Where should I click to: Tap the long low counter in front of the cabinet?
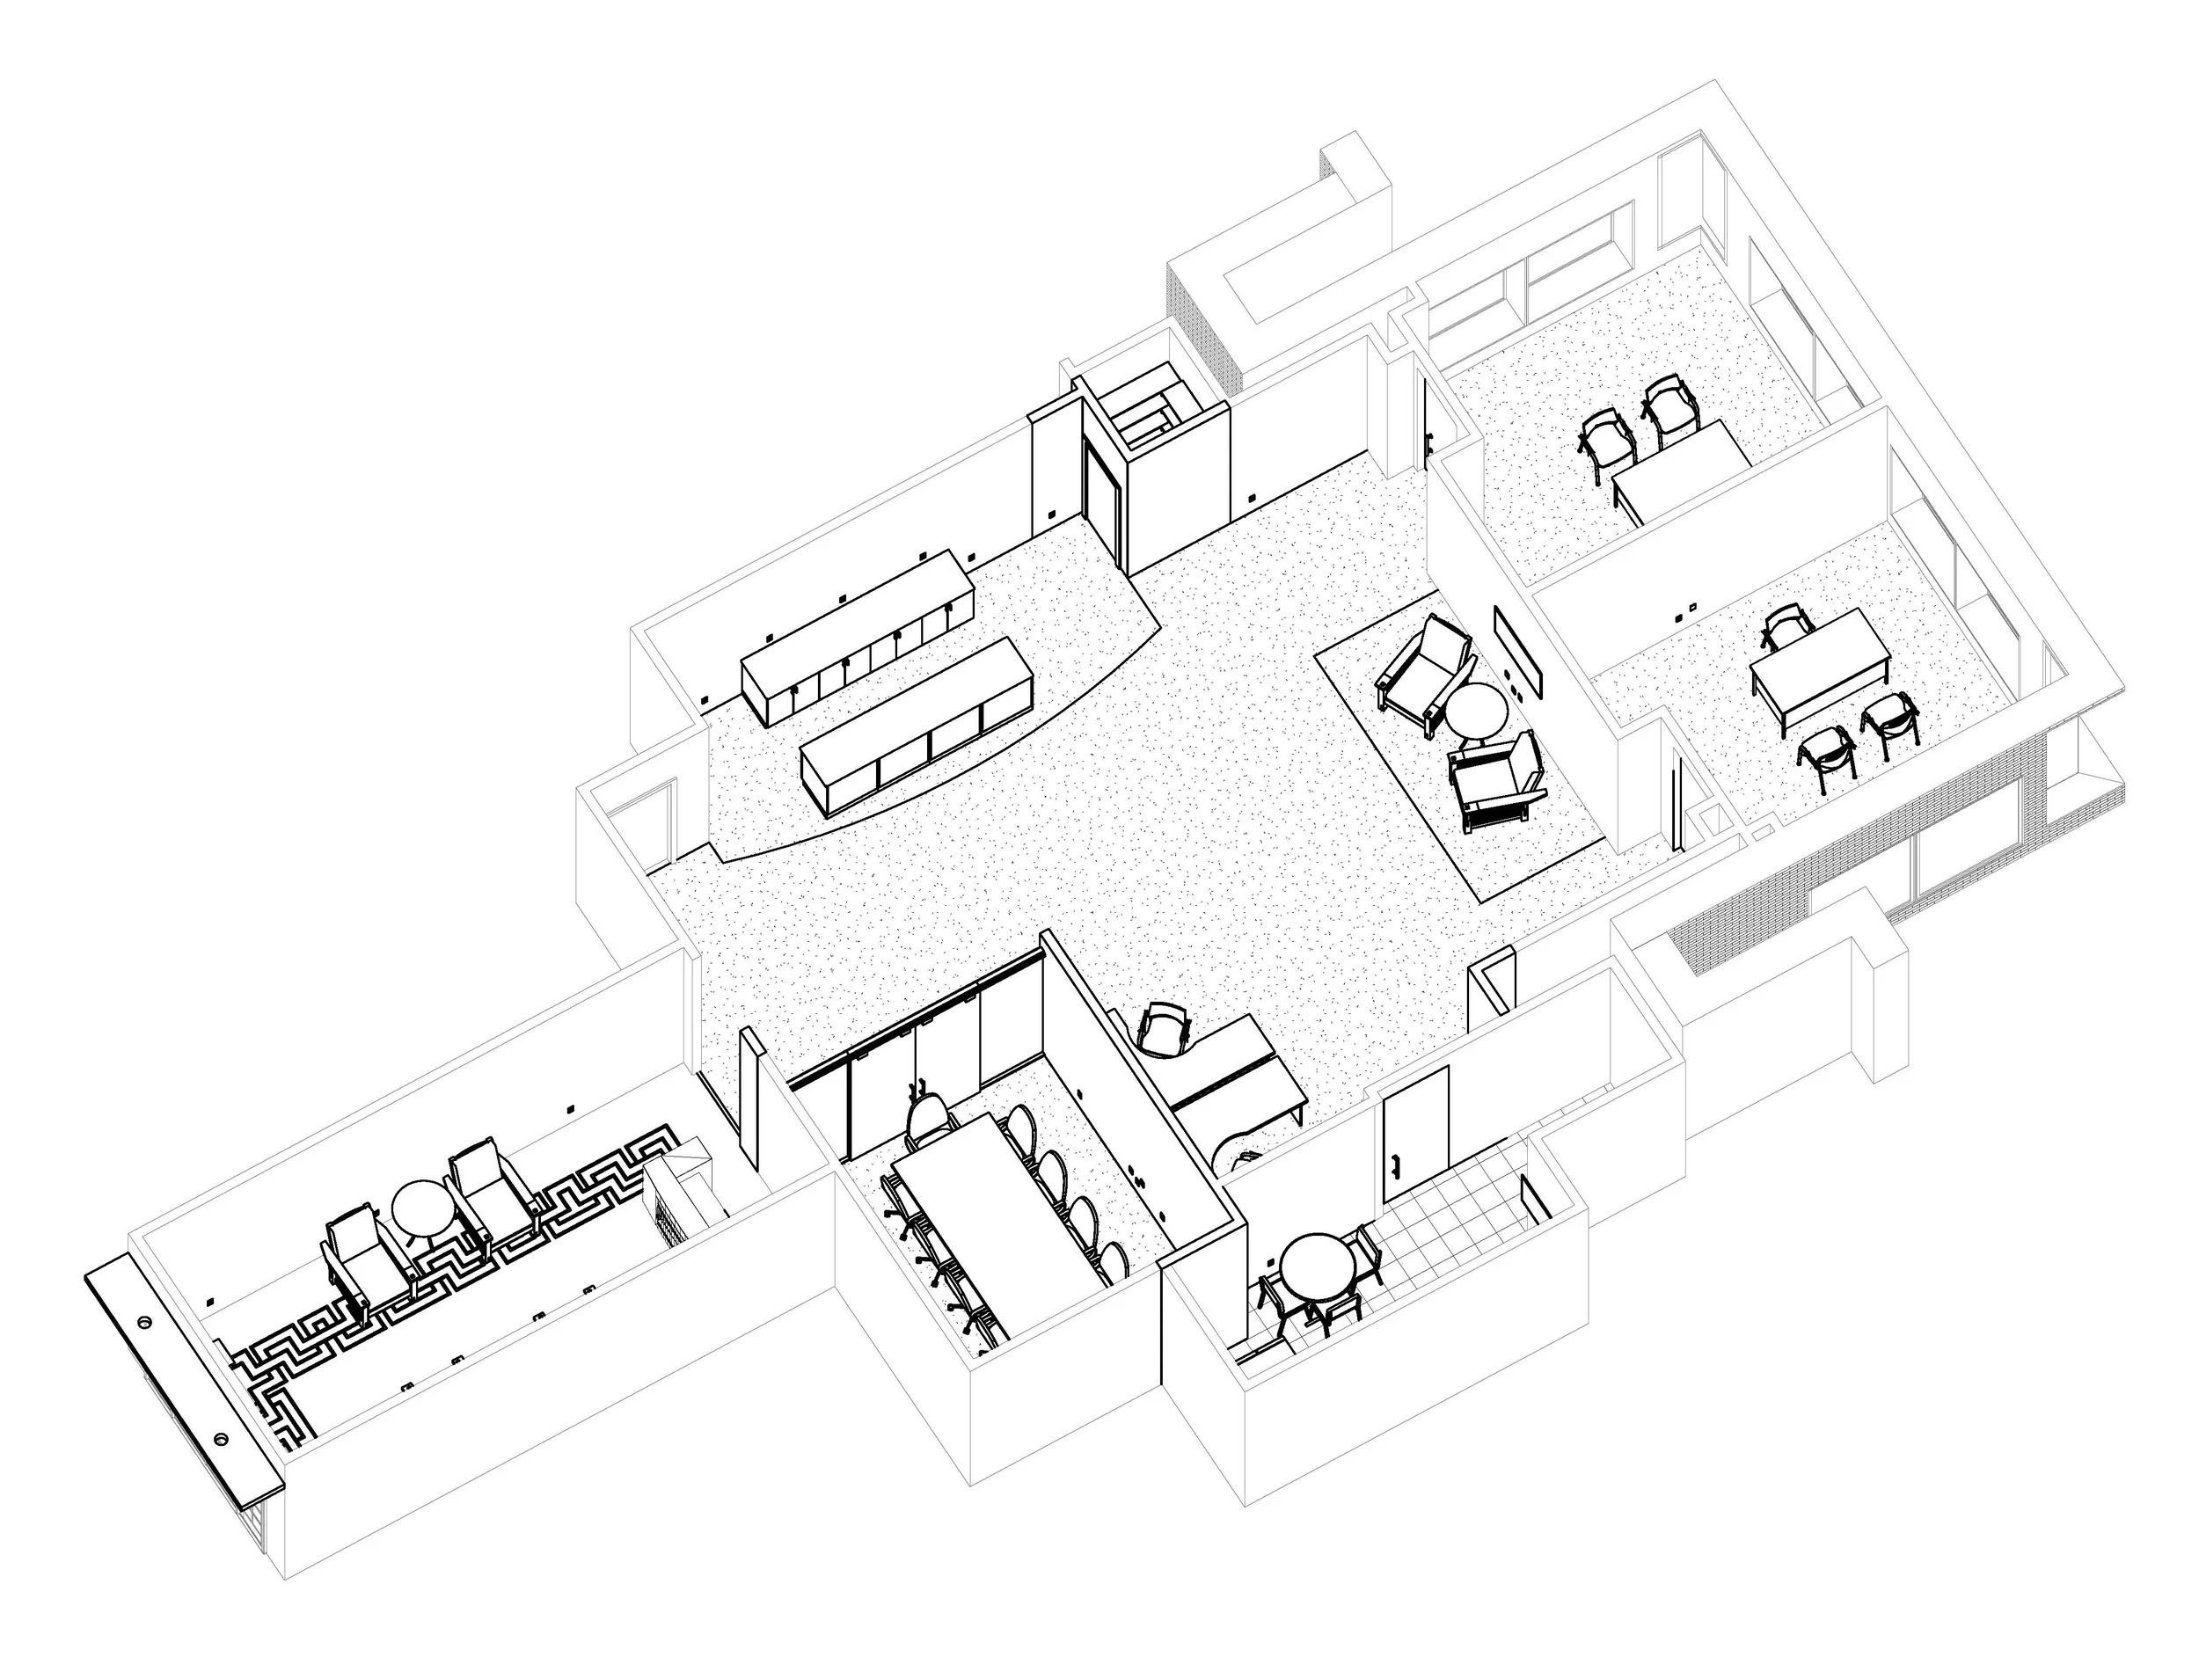coord(916,721)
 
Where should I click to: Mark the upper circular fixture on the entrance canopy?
coord(147,1322)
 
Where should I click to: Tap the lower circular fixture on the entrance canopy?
coord(220,1440)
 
